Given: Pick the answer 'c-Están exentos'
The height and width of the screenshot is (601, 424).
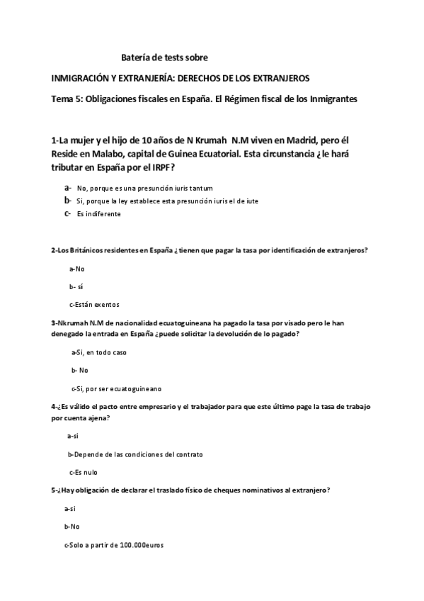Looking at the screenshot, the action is (94, 304).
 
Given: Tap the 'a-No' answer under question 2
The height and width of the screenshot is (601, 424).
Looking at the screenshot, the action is (76, 269).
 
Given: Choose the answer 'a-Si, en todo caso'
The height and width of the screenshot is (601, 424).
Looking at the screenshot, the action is (98, 352).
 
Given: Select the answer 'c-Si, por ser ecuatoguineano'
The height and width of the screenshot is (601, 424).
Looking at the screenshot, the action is (116, 388).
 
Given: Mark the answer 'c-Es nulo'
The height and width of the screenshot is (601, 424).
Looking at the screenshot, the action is (83, 471).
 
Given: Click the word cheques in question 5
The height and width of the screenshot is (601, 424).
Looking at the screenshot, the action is (221, 490).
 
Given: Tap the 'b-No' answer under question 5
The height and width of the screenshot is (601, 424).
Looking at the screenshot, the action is (71, 527).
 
